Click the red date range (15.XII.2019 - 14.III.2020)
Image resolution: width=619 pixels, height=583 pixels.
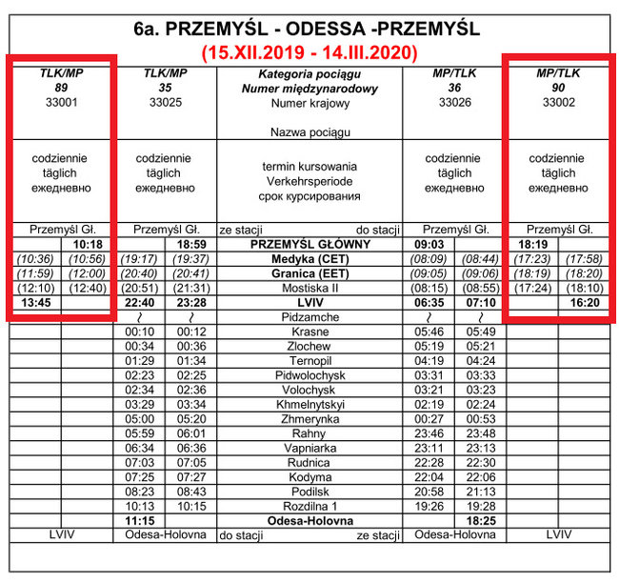[309, 51]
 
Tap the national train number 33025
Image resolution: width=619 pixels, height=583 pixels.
[165, 102]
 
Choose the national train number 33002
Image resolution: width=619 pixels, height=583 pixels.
[558, 102]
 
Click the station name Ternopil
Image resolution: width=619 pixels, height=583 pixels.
[309, 361]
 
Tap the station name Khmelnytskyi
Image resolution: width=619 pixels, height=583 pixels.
[309, 404]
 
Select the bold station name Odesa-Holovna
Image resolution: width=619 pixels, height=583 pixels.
[309, 520]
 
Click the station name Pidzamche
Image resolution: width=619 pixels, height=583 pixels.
[309, 316]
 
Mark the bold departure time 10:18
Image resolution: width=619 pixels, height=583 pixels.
[88, 244]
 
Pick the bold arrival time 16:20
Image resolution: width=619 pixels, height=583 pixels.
[584, 302]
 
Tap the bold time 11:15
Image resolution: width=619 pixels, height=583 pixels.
[140, 520]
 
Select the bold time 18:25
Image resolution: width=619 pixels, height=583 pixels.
[480, 520]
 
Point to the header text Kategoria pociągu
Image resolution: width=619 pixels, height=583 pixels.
[309, 73]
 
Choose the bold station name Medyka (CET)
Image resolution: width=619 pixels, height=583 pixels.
[309, 258]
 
